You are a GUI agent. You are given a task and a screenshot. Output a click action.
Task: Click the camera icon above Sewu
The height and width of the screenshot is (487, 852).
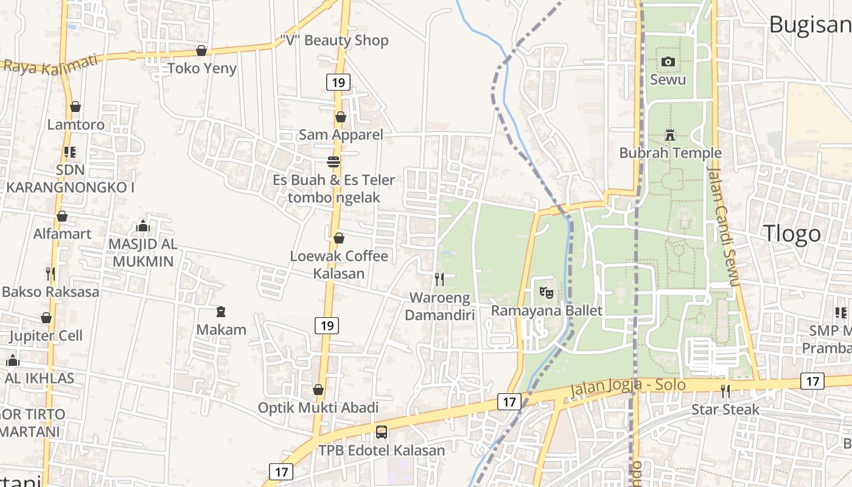coord(668,61)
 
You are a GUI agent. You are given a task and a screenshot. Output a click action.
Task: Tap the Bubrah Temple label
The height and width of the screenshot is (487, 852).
coord(670,153)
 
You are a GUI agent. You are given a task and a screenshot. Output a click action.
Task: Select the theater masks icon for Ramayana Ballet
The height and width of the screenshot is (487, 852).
coord(546,293)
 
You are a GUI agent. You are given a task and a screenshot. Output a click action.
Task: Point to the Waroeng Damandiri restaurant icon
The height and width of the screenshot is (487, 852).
coord(439,279)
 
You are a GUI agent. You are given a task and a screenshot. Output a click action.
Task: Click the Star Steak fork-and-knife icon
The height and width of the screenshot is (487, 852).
coord(725,391)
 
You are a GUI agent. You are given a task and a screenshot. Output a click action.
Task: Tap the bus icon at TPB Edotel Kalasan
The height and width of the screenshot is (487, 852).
coord(382,432)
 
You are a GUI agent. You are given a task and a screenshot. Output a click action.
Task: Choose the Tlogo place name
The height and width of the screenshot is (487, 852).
coord(792,234)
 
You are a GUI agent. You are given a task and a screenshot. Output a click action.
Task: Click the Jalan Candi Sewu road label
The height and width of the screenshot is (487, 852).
coord(724,226)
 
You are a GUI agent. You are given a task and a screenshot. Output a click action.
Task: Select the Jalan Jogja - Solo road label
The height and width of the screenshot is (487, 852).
coord(628,386)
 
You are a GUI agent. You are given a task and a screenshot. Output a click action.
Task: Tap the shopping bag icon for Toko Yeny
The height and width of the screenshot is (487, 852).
coord(201,50)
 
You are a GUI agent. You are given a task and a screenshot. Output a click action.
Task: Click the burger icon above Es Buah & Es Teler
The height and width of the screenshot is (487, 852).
coord(333,162)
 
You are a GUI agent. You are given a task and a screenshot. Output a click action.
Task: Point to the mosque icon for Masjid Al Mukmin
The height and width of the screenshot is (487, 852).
coord(143,226)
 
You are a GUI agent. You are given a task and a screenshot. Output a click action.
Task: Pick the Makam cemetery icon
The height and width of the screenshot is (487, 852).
coord(221,312)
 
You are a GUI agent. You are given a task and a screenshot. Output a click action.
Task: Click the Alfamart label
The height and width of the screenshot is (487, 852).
coord(62,234)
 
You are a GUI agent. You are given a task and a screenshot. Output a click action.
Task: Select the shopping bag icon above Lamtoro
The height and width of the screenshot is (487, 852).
coord(75,107)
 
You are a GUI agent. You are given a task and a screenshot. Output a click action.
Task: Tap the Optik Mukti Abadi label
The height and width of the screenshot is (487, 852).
coord(318,408)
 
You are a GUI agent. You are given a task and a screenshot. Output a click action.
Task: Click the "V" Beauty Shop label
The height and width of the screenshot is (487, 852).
coord(334,40)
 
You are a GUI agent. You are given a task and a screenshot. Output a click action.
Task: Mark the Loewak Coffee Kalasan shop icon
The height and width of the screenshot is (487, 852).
coord(339,237)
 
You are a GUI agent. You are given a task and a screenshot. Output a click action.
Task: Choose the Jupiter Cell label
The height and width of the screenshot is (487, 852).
coord(46,335)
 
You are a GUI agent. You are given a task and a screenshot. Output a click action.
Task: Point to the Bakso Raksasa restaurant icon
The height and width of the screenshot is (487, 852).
coord(51,274)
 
